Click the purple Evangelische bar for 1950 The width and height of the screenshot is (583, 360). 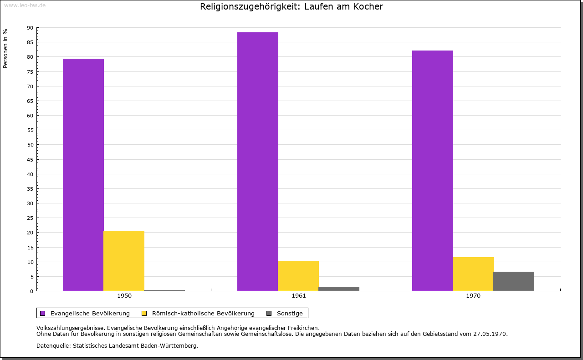click(x=83, y=175)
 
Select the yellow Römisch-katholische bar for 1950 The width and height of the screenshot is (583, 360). click(x=124, y=261)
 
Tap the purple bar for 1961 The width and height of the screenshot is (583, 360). click(x=258, y=162)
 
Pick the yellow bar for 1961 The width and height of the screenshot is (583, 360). click(x=298, y=276)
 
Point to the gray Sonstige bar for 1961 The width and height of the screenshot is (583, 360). click(x=339, y=289)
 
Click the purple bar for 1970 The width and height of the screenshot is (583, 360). click(x=433, y=171)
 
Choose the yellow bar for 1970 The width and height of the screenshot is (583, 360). click(x=473, y=274)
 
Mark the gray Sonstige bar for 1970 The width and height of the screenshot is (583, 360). click(x=514, y=281)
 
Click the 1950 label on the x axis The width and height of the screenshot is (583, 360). click(x=124, y=296)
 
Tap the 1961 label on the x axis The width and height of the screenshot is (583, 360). click(x=299, y=296)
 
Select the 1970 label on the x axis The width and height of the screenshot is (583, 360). click(x=473, y=296)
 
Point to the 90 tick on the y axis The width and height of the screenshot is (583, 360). click(x=30, y=28)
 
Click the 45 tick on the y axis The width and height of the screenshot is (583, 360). click(x=30, y=160)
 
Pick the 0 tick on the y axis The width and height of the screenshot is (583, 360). click(x=32, y=291)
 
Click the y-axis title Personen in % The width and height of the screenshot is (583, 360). click(x=5, y=49)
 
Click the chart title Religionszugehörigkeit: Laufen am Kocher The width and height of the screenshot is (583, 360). click(x=291, y=7)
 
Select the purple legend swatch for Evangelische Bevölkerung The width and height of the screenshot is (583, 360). click(x=43, y=313)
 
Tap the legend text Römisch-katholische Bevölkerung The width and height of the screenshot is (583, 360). click(x=203, y=313)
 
